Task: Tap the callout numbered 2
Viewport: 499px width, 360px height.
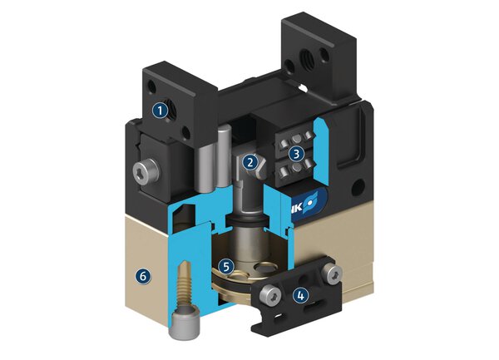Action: [250, 162]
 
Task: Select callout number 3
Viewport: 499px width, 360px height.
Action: [295, 153]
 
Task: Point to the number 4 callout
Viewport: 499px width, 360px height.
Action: [300, 293]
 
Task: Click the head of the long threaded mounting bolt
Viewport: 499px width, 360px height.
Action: [185, 326]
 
